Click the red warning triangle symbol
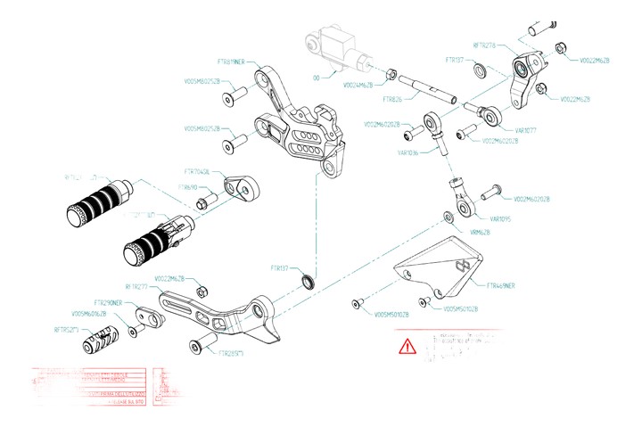[x=407, y=345]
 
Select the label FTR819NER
[x=238, y=62]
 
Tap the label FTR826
[x=391, y=100]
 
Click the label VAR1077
[x=501, y=130]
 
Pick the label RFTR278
[x=490, y=45]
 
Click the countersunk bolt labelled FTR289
[x=198, y=344]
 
